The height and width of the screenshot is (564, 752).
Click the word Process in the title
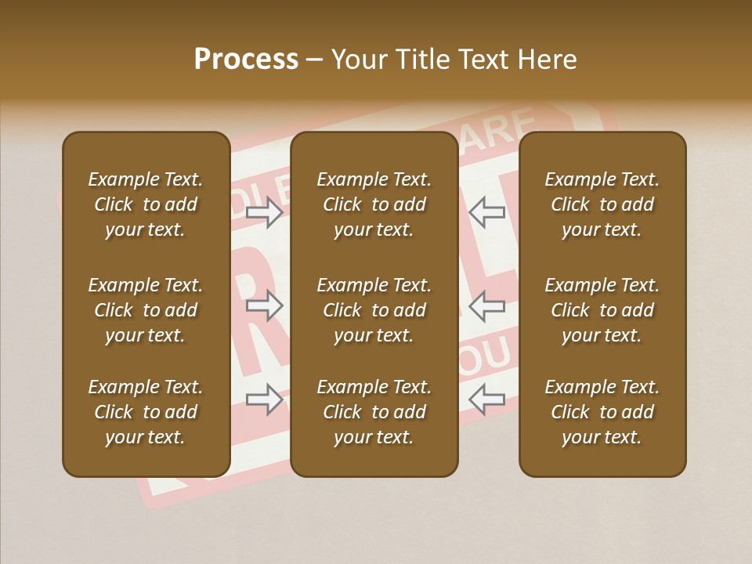(246, 60)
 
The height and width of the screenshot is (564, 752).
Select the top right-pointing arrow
(264, 212)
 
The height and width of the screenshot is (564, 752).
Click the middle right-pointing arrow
(264, 306)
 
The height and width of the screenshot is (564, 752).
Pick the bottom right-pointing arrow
(264, 399)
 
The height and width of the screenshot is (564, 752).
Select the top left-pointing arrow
(487, 212)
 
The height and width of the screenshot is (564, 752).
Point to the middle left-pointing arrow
(487, 306)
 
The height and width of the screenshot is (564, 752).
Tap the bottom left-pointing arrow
(487, 399)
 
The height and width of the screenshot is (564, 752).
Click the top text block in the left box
(146, 204)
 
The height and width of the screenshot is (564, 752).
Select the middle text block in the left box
(146, 310)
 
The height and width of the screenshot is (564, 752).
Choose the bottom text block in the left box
(146, 412)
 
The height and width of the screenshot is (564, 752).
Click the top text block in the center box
(374, 204)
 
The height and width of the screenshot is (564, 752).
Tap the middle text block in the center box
(374, 310)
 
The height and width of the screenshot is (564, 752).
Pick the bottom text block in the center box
(374, 412)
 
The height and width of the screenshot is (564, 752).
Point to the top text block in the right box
(602, 204)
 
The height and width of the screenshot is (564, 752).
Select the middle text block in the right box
(602, 310)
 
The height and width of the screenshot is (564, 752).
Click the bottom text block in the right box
(602, 412)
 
